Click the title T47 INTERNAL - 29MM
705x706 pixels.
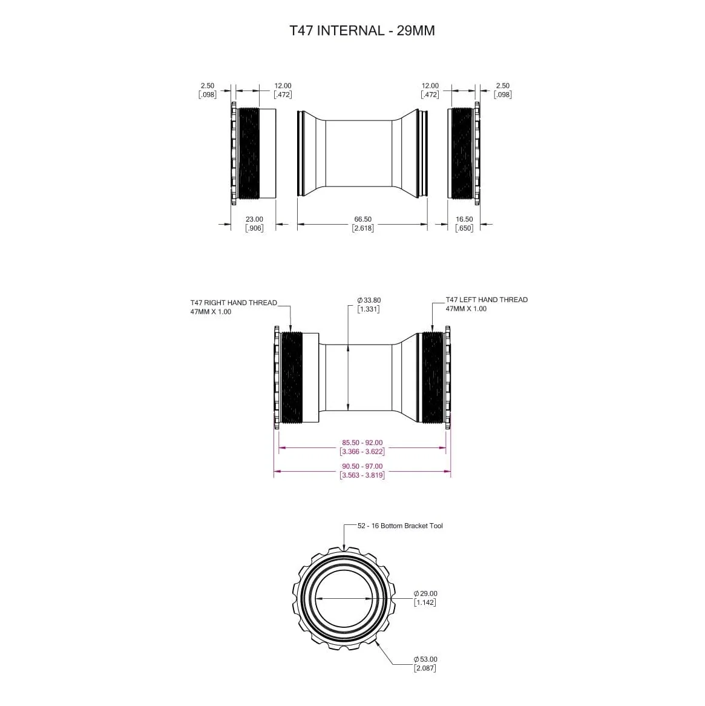362,30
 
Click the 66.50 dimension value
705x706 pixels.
362,219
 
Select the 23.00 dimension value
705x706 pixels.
254,219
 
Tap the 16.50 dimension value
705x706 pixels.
464,219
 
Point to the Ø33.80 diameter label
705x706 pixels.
369,300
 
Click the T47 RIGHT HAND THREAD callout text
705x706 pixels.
234,303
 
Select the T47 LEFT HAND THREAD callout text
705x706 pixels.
487,300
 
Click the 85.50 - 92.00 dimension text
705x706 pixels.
362,443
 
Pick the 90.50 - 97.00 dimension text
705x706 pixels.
362,466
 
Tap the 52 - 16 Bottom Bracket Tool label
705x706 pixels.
400,526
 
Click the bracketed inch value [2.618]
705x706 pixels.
362,228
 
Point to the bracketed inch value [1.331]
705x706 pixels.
369,309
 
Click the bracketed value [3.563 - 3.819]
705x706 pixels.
362,475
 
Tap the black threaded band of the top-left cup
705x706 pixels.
249,153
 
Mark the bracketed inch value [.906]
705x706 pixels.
254,228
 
